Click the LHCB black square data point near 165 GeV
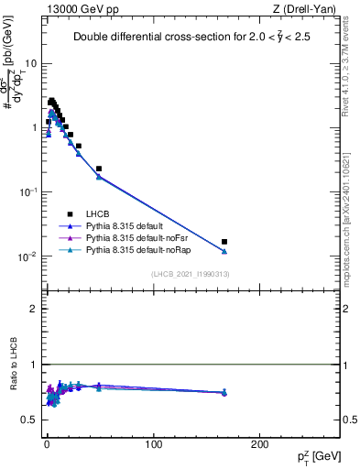point(224,242)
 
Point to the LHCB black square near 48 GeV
point(99,169)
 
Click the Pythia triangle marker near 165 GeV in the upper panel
point(224,251)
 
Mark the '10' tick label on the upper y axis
point(31,64)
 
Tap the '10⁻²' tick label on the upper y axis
point(28,256)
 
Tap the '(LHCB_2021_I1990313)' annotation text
point(190,275)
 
